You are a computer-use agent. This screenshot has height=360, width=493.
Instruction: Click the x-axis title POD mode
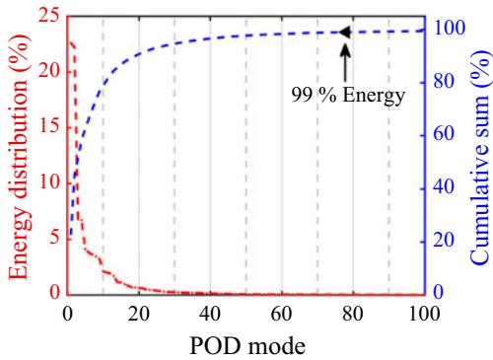(x=247, y=346)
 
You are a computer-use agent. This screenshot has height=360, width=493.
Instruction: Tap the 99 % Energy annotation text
(x=348, y=96)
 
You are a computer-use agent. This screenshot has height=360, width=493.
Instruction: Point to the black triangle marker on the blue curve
(x=345, y=33)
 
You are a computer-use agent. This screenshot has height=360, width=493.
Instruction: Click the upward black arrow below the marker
(x=345, y=62)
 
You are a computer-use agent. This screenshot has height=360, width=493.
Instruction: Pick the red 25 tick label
(x=49, y=17)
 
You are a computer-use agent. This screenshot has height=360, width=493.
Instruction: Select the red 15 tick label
(x=49, y=126)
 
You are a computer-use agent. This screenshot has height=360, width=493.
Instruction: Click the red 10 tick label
(x=49, y=181)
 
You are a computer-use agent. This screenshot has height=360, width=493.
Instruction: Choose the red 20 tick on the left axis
(x=49, y=71)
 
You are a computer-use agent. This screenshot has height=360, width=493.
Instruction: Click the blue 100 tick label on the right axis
(x=450, y=28)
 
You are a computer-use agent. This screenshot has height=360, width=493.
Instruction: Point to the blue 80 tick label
(x=444, y=81)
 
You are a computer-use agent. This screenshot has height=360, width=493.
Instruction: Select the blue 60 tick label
(x=444, y=134)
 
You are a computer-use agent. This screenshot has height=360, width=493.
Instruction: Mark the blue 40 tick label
(x=444, y=187)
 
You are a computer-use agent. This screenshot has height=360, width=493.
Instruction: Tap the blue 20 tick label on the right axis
(x=444, y=240)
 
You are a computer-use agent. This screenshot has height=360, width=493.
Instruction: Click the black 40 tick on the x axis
(x=210, y=314)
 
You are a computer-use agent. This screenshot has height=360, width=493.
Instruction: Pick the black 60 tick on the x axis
(x=281, y=314)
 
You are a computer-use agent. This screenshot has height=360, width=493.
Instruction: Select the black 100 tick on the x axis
(x=424, y=314)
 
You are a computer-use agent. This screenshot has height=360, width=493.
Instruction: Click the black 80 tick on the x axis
(x=353, y=314)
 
